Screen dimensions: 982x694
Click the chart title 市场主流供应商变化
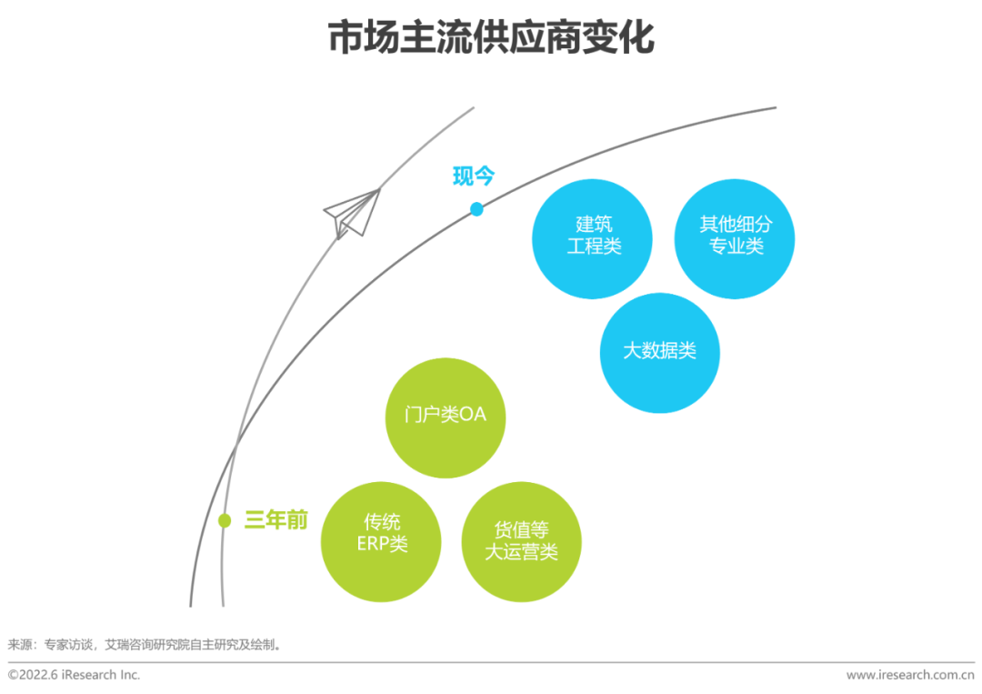pos(491,37)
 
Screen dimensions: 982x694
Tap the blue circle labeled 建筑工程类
pos(593,238)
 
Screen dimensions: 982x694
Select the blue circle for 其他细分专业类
pos(735,238)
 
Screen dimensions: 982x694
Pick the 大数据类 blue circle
pos(660,353)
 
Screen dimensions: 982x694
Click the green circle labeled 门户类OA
pos(446,417)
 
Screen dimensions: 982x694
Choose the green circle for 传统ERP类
pos(381,542)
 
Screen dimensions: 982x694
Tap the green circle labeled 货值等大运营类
pos(522,542)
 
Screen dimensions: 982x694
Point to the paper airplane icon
pos(352,214)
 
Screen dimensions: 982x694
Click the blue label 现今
pos(474,176)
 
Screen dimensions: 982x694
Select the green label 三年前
pos(276,520)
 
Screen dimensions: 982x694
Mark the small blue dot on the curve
pos(476,209)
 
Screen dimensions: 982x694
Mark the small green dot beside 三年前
pos(225,520)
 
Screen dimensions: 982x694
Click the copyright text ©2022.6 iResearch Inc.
pos(74,675)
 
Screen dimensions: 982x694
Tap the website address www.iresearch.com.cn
pos(910,675)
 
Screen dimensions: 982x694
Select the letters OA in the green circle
pos(473,415)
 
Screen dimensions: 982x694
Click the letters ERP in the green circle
pos(370,544)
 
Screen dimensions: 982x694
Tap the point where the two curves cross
pos(236,448)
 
